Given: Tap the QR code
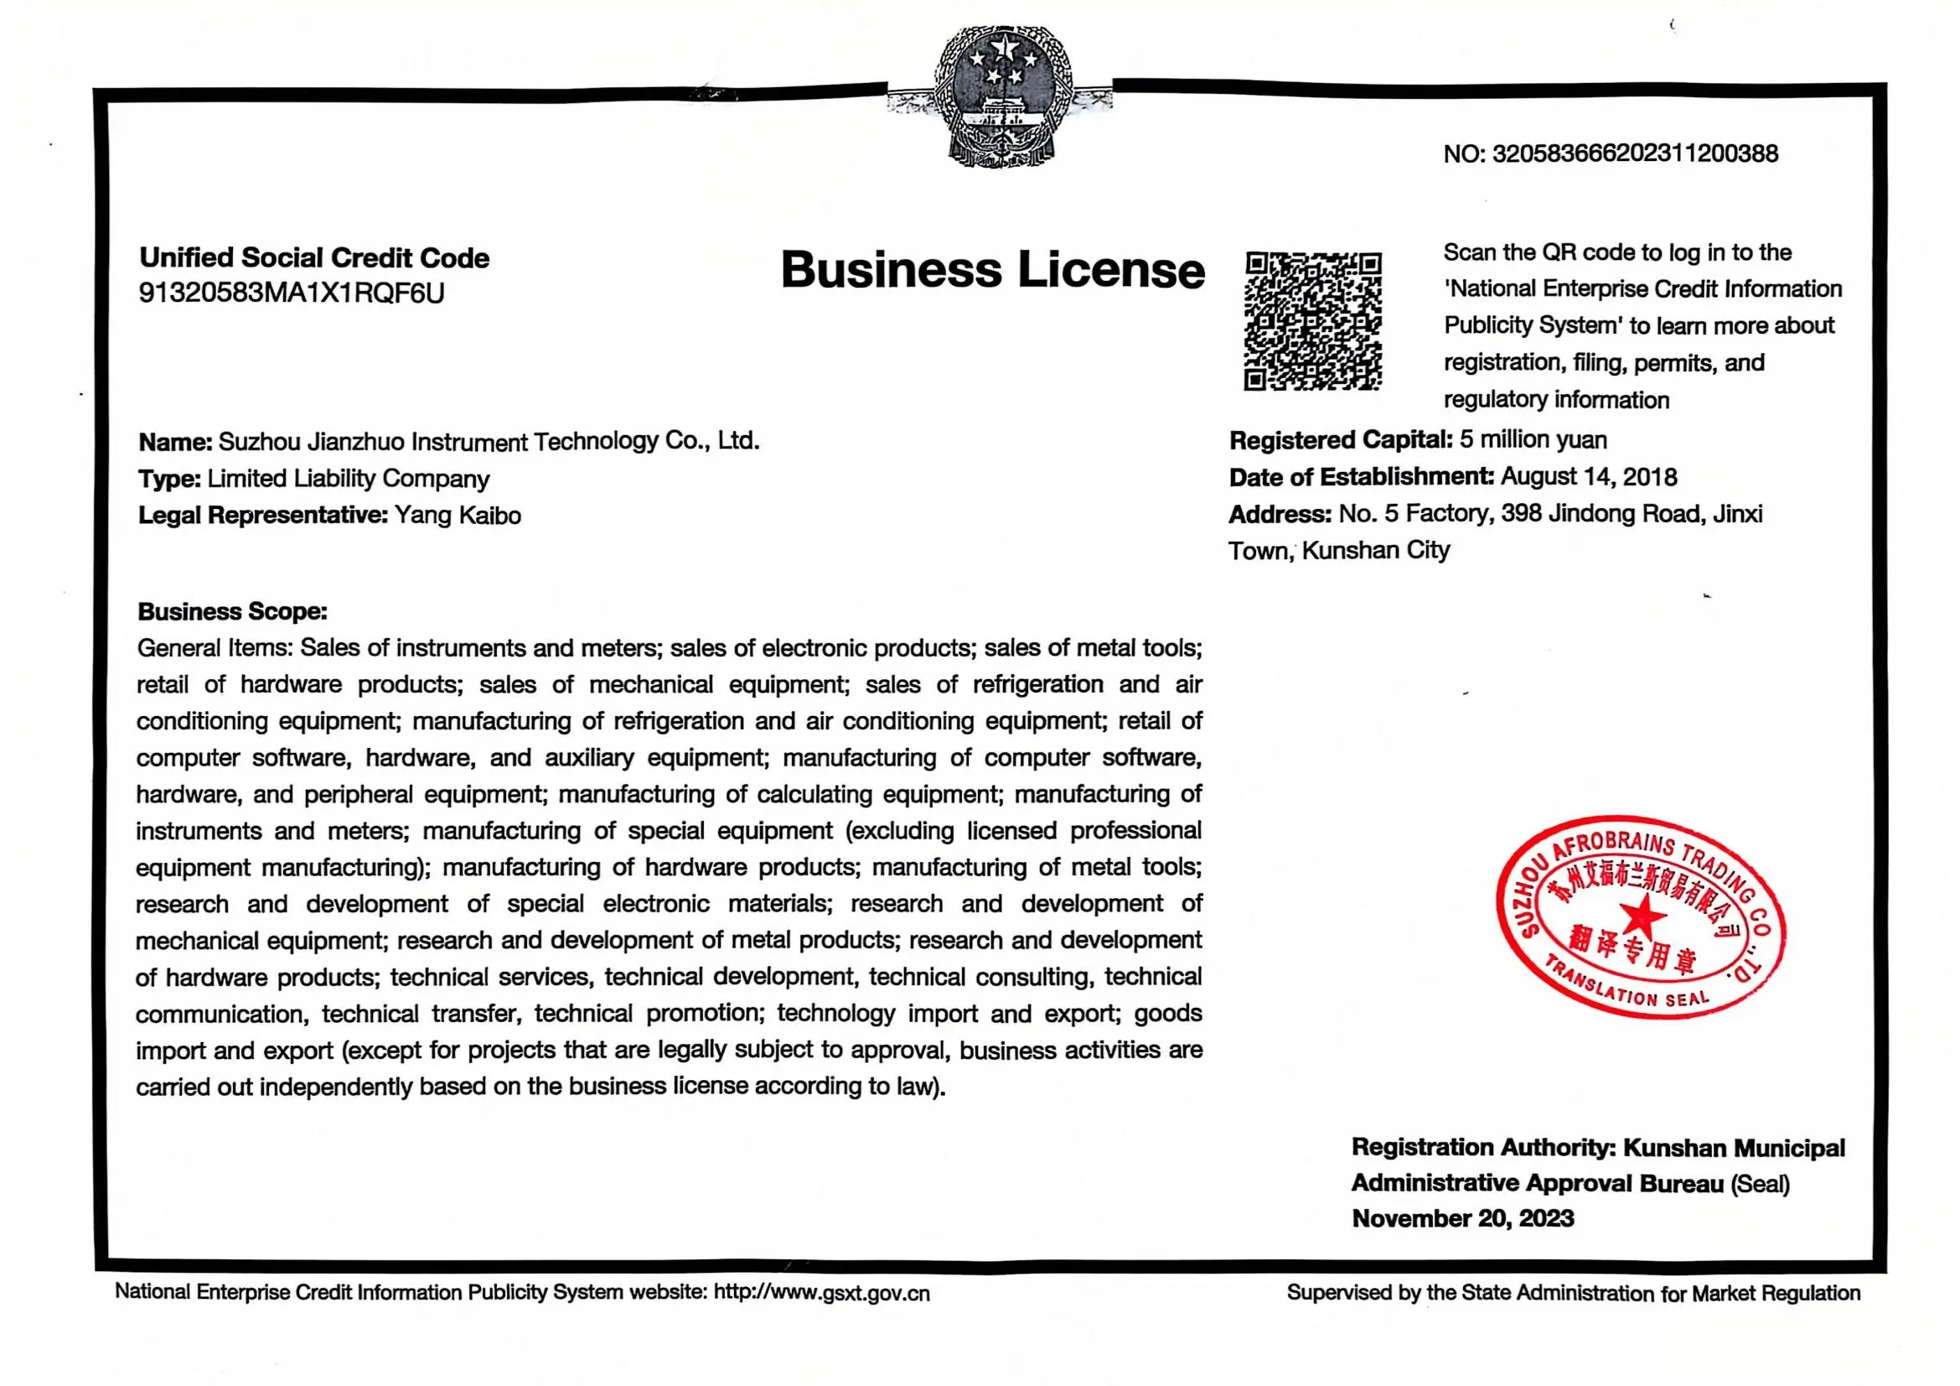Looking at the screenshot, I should click(1312, 321).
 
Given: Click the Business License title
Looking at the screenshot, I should click(992, 270).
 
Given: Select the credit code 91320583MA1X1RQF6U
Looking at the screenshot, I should click(291, 293).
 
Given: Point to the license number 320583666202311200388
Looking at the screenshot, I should click(1635, 153).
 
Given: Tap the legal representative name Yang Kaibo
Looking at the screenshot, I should click(457, 516).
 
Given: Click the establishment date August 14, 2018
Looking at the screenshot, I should click(1589, 476).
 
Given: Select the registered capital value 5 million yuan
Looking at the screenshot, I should click(1533, 440).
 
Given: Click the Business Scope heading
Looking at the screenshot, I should click(232, 611).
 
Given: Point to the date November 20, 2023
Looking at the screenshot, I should click(1462, 1218).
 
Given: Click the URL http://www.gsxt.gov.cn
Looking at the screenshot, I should click(821, 1293).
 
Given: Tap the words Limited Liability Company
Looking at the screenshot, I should click(349, 479).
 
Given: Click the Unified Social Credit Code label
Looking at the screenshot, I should click(314, 258).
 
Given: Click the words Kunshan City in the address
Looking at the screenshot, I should click(1375, 551).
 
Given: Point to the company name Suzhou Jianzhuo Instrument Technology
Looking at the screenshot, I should click(489, 442).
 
